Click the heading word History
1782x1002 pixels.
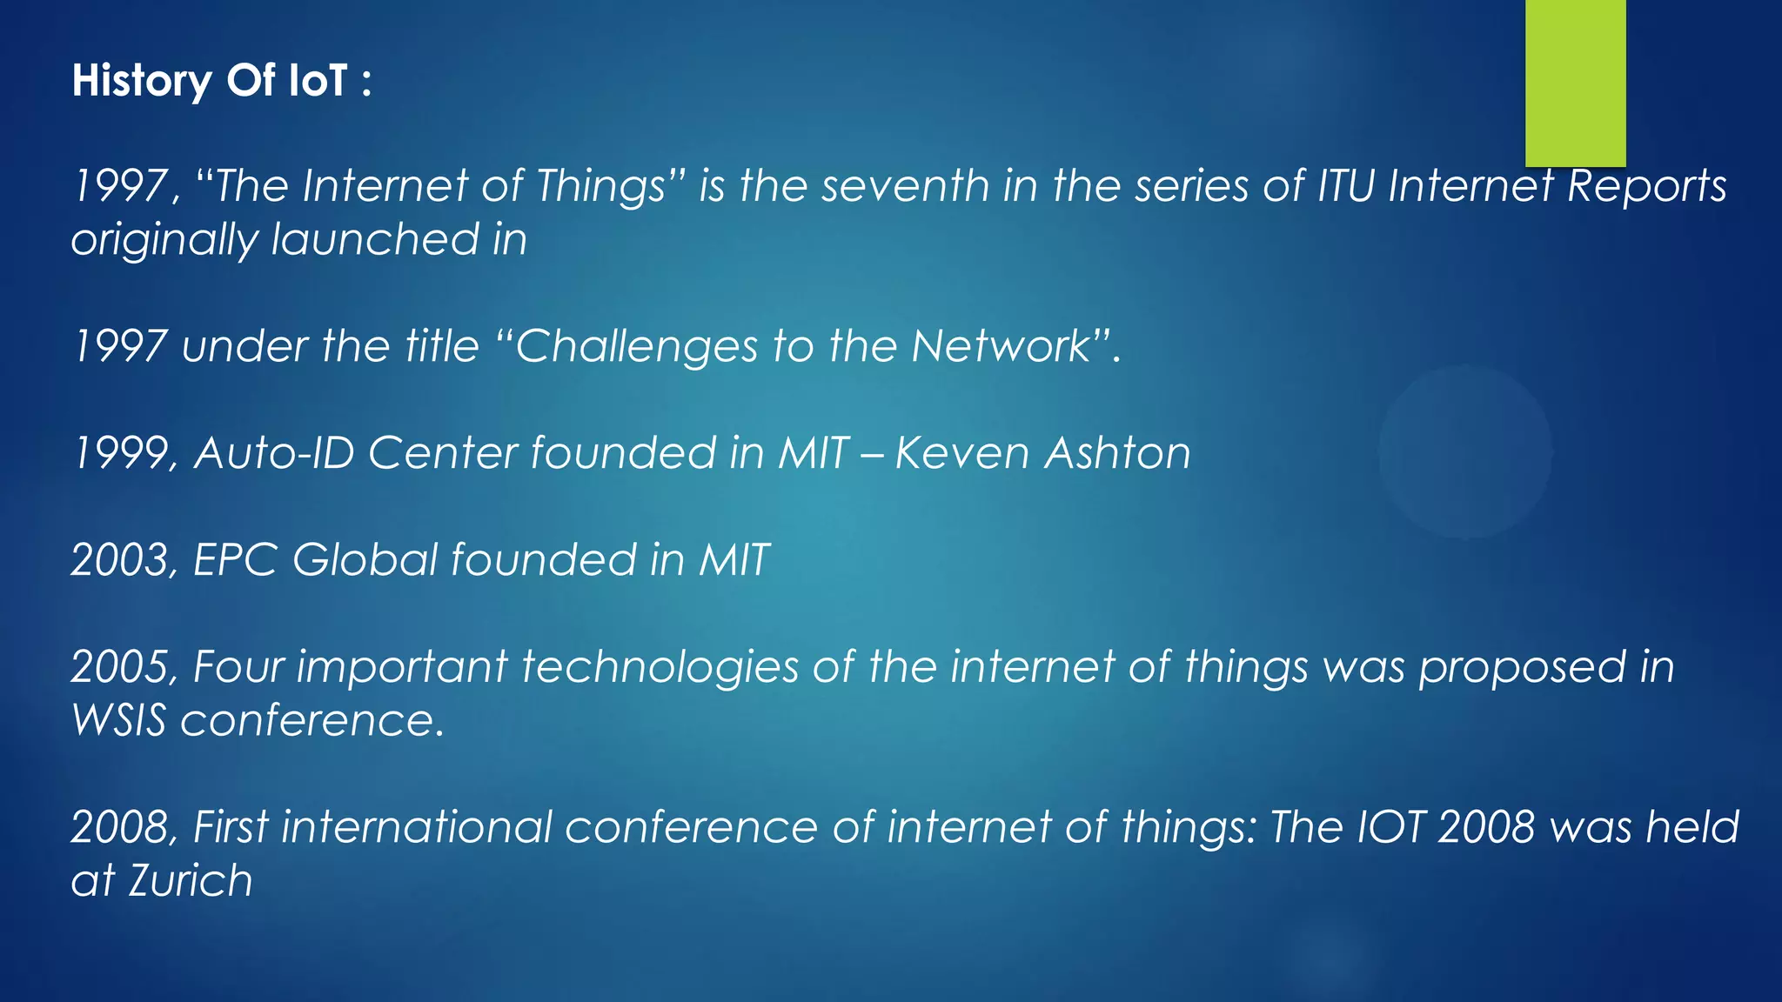(x=142, y=81)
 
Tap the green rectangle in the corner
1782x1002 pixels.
(x=1575, y=83)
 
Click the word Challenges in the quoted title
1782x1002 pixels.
(x=637, y=347)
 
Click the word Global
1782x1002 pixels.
(x=365, y=560)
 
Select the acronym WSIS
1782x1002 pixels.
(x=118, y=721)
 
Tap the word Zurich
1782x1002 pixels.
(x=191, y=881)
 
